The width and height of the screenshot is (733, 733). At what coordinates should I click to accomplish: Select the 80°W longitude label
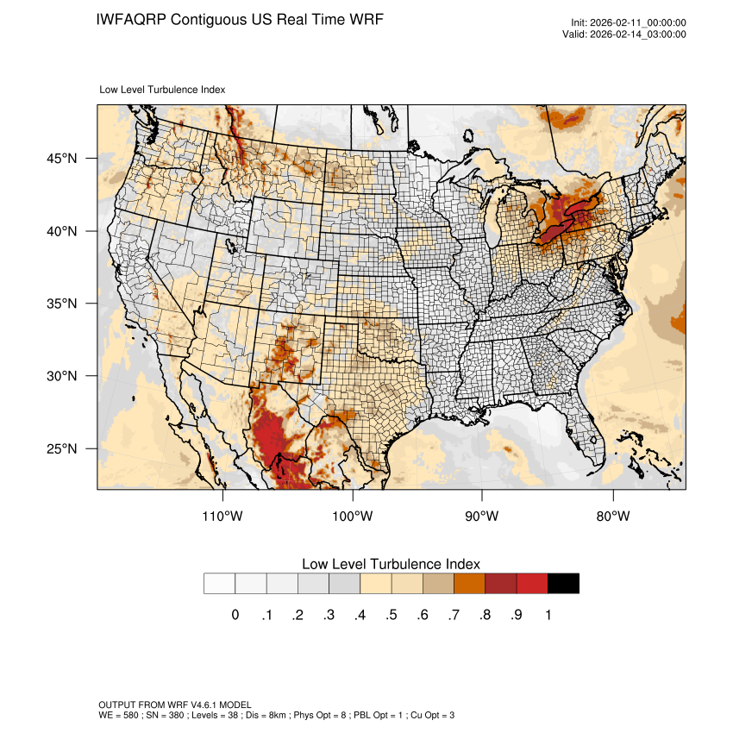point(612,517)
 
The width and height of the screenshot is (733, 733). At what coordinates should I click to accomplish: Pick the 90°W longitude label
point(482,517)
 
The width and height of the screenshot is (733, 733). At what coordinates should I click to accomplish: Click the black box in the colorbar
point(563,584)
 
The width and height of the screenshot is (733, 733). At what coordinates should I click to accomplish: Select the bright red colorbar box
point(532,584)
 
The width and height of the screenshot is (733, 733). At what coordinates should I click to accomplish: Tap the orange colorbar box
point(470,584)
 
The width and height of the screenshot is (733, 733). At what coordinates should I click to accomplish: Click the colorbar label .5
point(392,615)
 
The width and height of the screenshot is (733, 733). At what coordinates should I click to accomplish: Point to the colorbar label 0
point(235,615)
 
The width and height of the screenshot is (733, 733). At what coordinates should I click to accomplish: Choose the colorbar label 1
point(548,615)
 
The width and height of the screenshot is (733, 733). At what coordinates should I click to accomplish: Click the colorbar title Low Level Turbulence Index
point(391,564)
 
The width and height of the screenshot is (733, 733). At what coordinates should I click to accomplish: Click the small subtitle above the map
point(163,89)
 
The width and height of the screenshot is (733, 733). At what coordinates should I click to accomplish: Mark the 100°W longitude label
point(353,517)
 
